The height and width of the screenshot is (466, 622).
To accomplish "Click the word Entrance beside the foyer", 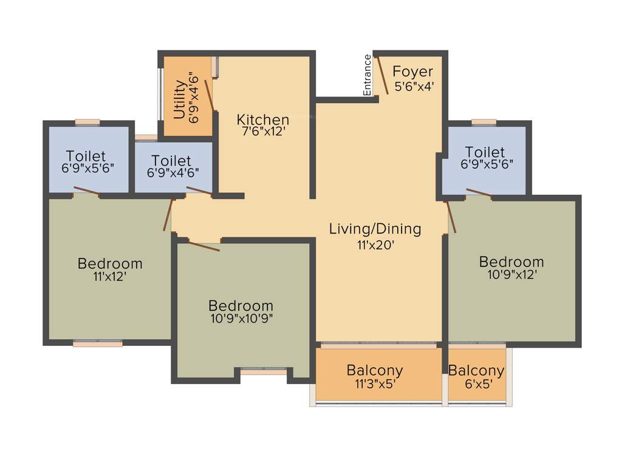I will [x=367, y=75].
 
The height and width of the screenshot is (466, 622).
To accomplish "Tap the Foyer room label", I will [x=413, y=72].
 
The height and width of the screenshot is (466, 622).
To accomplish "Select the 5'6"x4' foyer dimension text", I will [x=414, y=86].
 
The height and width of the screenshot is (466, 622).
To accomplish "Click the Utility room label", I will [x=179, y=98].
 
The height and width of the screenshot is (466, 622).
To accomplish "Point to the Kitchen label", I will [x=263, y=119].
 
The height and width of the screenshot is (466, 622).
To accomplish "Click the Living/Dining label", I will [x=375, y=229].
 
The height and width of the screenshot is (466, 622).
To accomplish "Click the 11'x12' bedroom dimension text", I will [x=110, y=277].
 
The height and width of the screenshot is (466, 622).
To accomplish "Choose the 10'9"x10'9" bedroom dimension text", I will [x=241, y=319].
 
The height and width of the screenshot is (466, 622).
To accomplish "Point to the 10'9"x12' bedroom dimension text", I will [x=511, y=274].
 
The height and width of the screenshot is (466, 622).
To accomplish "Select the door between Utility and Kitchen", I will [x=208, y=94].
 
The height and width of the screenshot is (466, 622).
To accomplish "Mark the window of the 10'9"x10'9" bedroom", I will [x=263, y=370].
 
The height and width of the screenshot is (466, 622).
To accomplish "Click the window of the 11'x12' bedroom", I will [x=98, y=343].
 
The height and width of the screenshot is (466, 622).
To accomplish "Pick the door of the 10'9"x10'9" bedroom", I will [x=203, y=245].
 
